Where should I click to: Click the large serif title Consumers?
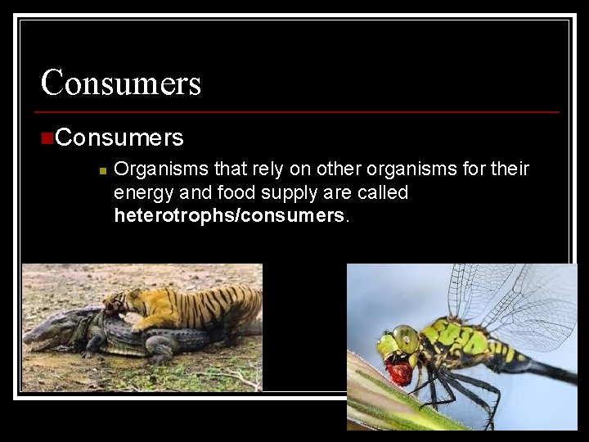coord(121,83)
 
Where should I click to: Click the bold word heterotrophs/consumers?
coord(230,216)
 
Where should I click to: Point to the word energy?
coord(142,193)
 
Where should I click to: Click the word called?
coord(385,193)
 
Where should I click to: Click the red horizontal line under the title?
coord(299,111)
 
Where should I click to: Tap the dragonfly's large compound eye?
coord(405,337)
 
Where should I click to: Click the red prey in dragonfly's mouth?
coord(398,372)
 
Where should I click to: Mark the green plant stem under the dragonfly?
coord(384,401)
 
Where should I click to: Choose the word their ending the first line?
coord(510,169)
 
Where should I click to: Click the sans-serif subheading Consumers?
coord(119,137)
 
